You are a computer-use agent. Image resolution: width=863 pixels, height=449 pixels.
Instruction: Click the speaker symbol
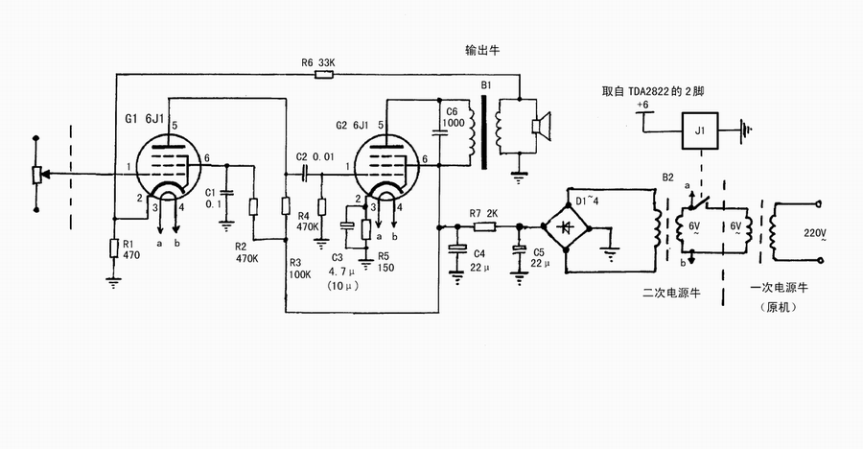click(540, 127)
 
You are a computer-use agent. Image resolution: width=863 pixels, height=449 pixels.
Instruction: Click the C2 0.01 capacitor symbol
click(302, 173)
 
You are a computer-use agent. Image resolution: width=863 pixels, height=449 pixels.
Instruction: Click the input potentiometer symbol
click(36, 174)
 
